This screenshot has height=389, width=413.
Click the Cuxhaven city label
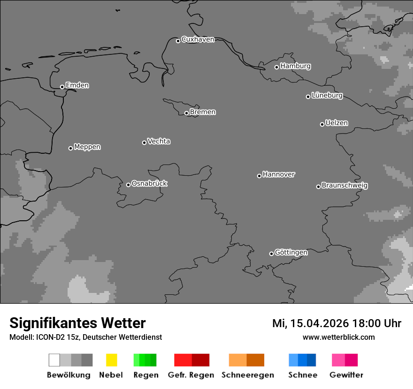tap(198, 39)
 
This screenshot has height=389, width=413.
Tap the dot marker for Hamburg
tap(276, 67)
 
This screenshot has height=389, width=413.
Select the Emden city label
tap(77, 85)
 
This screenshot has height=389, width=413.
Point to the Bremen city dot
tap(186, 113)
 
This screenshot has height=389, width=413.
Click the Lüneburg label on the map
tap(327, 96)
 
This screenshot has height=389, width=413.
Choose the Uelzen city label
tap(337, 123)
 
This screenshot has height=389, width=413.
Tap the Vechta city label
tap(159, 141)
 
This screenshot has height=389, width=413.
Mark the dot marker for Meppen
tap(70, 148)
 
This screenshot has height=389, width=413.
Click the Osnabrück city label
tap(149, 184)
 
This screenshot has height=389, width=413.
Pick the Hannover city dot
tap(259, 176)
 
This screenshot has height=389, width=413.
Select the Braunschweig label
tap(344, 186)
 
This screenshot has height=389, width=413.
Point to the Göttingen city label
tap(291, 253)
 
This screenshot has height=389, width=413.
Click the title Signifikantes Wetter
tap(77, 323)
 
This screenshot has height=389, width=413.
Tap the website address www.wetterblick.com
tap(338, 337)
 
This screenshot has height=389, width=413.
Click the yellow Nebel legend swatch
tap(111, 360)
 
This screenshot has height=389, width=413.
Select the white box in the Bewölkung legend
tap(54, 360)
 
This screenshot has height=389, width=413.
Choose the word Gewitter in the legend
tap(346, 375)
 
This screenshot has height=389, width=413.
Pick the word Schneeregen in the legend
tap(247, 375)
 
